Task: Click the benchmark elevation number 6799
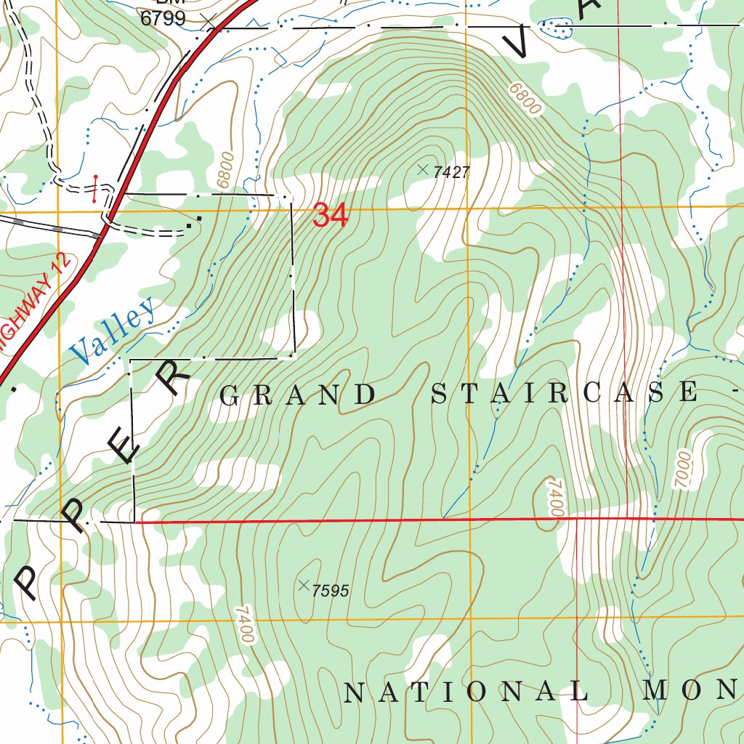pos(163,19)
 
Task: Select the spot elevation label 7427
pos(451,172)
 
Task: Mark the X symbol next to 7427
pos(423,169)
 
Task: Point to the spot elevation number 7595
pos(330,591)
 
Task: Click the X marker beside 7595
pos(304,586)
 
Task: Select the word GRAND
pos(298,395)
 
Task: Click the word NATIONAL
pos(465,692)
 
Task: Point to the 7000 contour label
pos(684,469)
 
